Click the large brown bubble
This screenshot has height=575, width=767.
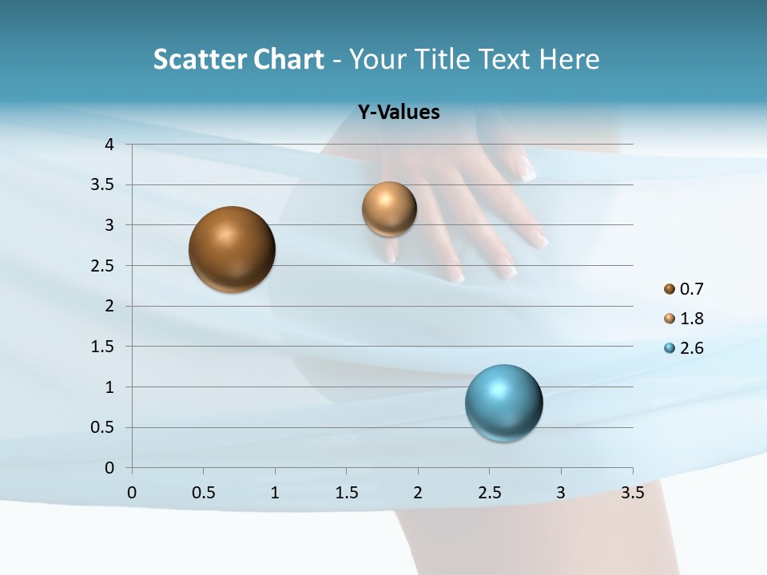pos(232,249)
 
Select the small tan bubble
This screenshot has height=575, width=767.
pos(389,209)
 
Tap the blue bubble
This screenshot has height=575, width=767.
pos(504,402)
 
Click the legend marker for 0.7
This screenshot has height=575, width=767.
pos(670,289)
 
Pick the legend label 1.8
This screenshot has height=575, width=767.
pos(691,319)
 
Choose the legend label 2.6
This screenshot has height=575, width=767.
pos(691,348)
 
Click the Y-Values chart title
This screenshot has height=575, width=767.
pos(399,113)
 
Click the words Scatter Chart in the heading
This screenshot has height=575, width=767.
pos(238,59)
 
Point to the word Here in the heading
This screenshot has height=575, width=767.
pos(569,59)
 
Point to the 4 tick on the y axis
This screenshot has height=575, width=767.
pos(110,145)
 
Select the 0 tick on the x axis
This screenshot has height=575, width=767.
pos(132,493)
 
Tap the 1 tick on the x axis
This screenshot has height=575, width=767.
pos(275,493)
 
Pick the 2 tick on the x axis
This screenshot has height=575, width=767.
pos(418,493)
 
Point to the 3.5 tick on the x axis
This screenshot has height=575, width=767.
pos(633,493)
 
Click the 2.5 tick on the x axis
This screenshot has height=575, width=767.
pos(489,493)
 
